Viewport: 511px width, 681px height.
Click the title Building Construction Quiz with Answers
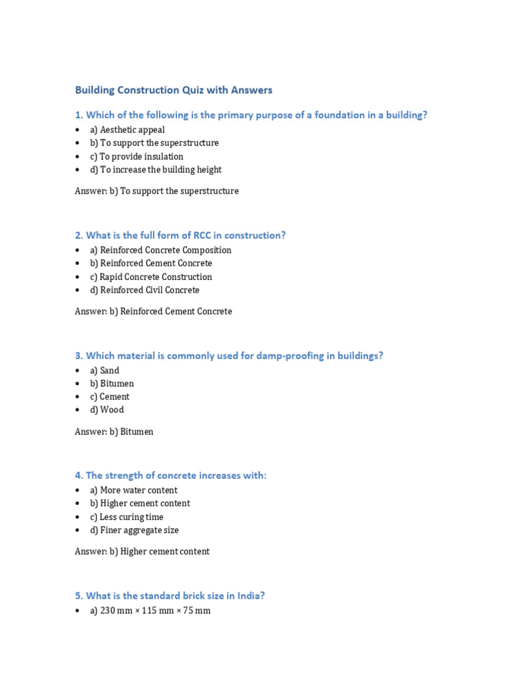point(174,90)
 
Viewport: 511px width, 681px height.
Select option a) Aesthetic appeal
point(132,130)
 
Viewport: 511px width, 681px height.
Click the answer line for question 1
point(156,191)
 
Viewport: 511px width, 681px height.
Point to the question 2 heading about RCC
point(180,235)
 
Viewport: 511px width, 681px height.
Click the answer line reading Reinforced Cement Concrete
point(153,311)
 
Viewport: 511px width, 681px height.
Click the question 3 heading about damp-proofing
point(229,355)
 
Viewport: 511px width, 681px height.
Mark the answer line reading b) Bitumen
point(114,432)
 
